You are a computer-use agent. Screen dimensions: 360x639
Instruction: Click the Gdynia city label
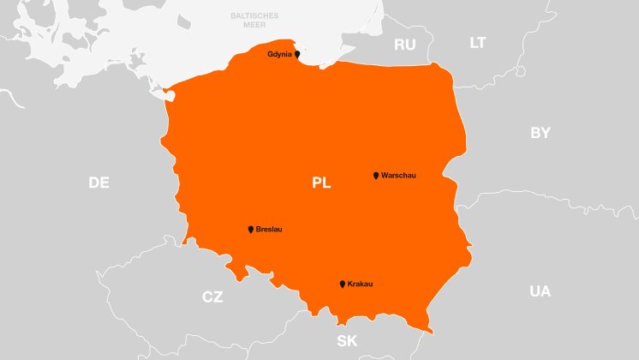[x=279, y=54]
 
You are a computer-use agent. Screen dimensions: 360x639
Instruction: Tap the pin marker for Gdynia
[x=297, y=54]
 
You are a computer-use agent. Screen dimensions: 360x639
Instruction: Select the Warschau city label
[x=398, y=176]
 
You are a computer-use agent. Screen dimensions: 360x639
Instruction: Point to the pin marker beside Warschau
[x=376, y=176]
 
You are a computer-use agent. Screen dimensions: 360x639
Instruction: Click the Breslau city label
[x=269, y=230]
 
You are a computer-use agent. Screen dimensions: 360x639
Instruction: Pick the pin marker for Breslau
[x=251, y=230]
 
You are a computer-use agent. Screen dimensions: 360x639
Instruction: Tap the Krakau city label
[x=361, y=284]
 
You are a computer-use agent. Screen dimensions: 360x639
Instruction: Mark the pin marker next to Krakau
[x=343, y=284]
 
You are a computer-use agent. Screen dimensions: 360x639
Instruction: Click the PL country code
[x=321, y=183]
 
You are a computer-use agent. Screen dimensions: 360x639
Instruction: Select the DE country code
[x=99, y=183]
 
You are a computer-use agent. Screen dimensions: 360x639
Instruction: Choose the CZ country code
[x=212, y=297]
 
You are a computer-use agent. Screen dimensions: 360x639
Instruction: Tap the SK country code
[x=347, y=340]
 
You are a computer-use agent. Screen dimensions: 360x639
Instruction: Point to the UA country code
[x=540, y=291]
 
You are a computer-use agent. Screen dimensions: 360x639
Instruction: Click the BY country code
[x=540, y=133]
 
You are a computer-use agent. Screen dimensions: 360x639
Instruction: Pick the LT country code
[x=478, y=42]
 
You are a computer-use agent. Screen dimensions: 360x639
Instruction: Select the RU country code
[x=404, y=45]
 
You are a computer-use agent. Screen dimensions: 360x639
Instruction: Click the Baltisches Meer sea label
[x=254, y=21]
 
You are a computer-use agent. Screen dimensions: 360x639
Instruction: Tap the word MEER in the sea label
[x=254, y=26]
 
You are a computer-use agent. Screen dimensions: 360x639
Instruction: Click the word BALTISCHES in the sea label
[x=254, y=16]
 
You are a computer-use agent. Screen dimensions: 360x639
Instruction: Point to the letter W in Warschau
[x=385, y=176]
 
